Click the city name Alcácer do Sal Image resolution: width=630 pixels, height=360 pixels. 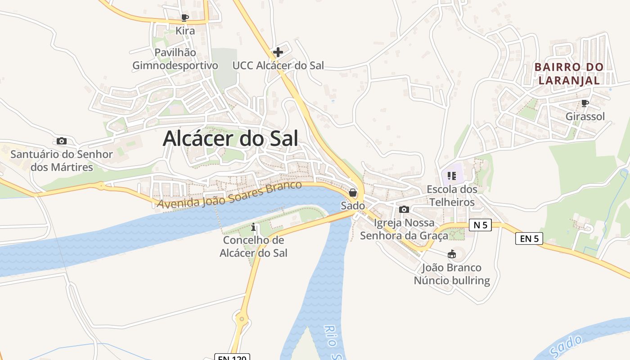(230, 138)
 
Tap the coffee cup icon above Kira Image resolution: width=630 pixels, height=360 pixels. (184, 18)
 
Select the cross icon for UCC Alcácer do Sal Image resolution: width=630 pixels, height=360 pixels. (278, 52)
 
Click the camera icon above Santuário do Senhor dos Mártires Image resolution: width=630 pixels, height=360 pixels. (62, 141)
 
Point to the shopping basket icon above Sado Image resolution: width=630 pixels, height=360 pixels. (353, 193)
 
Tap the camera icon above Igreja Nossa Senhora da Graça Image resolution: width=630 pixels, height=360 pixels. (404, 209)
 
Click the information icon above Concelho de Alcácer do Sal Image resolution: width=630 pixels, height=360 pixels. (253, 226)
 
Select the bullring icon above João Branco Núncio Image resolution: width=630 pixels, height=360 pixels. (452, 254)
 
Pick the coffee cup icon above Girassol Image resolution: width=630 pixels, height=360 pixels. (585, 103)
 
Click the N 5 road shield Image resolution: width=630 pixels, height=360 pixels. (480, 225)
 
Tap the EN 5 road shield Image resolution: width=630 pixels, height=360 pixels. (529, 238)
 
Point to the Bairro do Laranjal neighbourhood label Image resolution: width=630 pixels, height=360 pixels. (569, 74)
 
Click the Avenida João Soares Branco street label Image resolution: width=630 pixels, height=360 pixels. (229, 194)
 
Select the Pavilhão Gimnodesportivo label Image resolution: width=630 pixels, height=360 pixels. (175, 59)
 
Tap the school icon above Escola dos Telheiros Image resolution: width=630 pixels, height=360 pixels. (452, 175)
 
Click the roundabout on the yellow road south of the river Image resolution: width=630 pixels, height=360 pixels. (242, 319)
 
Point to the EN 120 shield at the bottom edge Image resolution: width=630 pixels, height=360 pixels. (231, 358)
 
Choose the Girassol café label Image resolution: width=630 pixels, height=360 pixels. (585, 117)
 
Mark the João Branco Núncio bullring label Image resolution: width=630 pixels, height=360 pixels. (452, 274)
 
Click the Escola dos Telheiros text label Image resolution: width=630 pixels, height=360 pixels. (452, 196)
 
